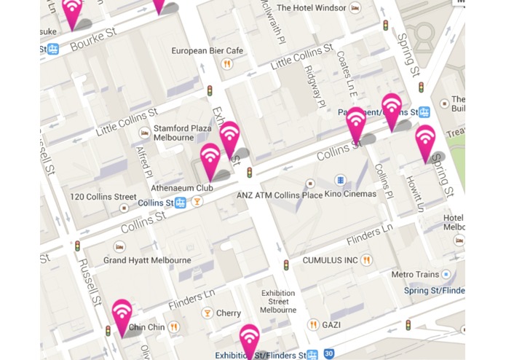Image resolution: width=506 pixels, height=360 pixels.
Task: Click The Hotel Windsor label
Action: (x=310, y=7)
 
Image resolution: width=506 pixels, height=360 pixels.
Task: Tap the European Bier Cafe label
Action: (x=207, y=51)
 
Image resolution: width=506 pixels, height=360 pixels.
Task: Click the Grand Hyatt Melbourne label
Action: (x=147, y=260)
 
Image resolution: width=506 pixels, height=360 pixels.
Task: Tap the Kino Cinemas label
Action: (x=351, y=195)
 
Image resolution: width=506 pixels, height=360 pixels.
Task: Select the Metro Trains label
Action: (x=415, y=275)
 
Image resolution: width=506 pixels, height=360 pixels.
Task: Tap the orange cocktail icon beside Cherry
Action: (x=207, y=313)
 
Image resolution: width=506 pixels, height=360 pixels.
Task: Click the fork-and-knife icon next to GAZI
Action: (x=313, y=325)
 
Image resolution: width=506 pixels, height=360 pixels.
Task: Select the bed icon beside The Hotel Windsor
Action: (x=355, y=7)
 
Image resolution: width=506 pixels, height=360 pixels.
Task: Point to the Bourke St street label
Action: (x=94, y=41)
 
